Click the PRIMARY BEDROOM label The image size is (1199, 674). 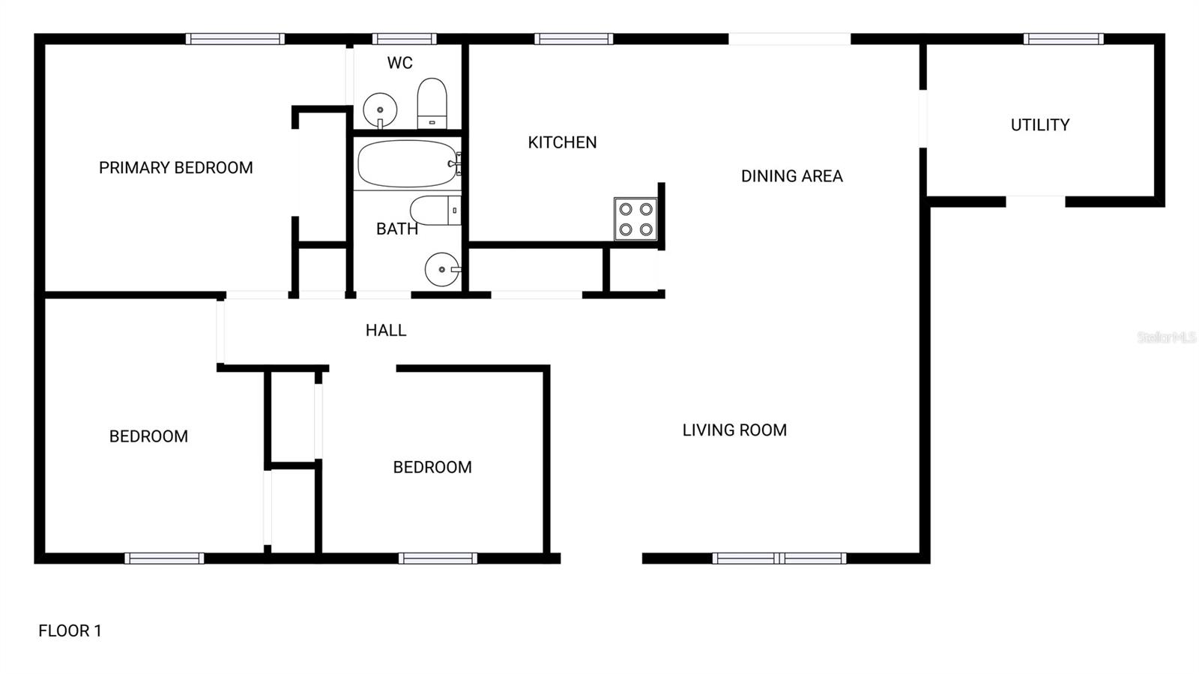(x=175, y=168)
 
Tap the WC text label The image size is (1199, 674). (x=399, y=63)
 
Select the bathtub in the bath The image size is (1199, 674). (x=408, y=163)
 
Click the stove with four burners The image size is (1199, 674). (x=635, y=219)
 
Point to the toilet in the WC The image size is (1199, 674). (x=432, y=104)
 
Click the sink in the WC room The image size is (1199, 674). (x=380, y=109)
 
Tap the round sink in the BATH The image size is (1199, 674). (x=442, y=269)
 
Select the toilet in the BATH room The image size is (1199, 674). (x=435, y=211)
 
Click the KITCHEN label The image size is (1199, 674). (x=562, y=142)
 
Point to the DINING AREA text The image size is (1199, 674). (x=791, y=176)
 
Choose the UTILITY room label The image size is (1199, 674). (x=1039, y=125)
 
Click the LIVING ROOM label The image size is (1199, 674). (x=734, y=430)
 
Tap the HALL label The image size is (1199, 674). (x=386, y=331)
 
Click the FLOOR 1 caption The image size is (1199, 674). (x=70, y=631)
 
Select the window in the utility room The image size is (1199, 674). (x=1063, y=39)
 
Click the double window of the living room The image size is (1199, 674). (x=779, y=559)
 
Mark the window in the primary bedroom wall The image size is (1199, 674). (x=235, y=39)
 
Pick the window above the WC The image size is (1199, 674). (x=405, y=39)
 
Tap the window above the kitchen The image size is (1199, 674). (x=574, y=39)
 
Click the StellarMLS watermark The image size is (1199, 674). (x=1166, y=338)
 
